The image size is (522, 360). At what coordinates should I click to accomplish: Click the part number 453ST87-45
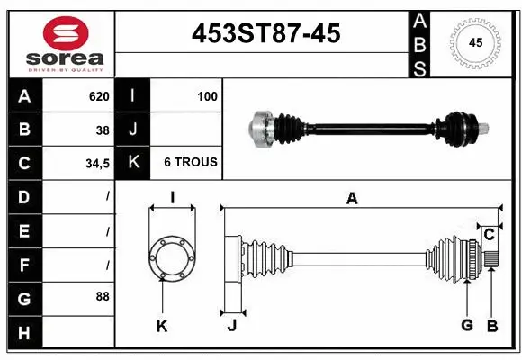coord(266,33)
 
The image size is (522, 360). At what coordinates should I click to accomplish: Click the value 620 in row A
coord(98,96)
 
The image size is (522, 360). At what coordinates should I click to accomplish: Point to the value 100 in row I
coord(207,96)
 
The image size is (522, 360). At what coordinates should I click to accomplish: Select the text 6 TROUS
coord(190,163)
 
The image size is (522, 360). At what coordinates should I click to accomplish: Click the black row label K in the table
coord(133,163)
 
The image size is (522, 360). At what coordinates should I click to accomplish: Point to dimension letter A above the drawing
coord(352,199)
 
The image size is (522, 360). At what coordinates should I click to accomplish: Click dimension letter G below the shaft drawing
coord(466,326)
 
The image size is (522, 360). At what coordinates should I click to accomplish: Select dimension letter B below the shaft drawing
coord(491,326)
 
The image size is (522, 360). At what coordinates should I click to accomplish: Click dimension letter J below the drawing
coord(231,326)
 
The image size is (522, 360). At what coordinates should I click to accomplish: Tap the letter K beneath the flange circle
coord(162,326)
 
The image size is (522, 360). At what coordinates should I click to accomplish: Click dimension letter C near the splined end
coord(489,236)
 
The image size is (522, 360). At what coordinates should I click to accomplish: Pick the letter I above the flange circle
coord(171,199)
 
